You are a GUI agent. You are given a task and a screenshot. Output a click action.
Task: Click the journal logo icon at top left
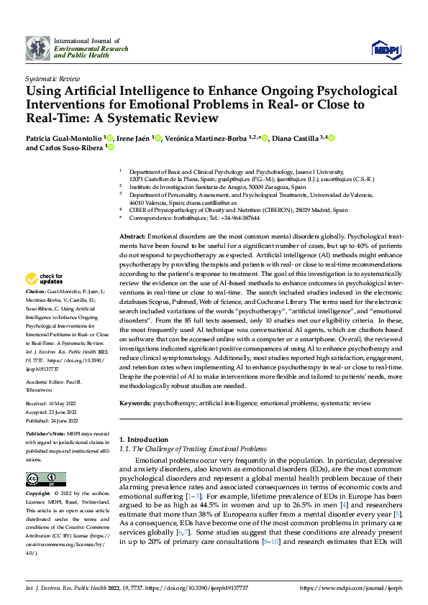pyautogui.click(x=37, y=48)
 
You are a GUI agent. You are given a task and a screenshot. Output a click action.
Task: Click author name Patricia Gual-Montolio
pyautogui.click(x=64, y=138)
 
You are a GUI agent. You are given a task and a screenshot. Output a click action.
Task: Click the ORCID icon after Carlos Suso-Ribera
pyautogui.click(x=110, y=148)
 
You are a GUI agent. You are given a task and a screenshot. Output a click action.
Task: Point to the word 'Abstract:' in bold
pyautogui.click(x=132, y=236)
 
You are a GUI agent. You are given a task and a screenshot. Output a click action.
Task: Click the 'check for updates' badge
pyautogui.click(x=44, y=278)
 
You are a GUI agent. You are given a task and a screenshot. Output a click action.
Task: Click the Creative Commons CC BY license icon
pyautogui.click(x=45, y=479)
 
